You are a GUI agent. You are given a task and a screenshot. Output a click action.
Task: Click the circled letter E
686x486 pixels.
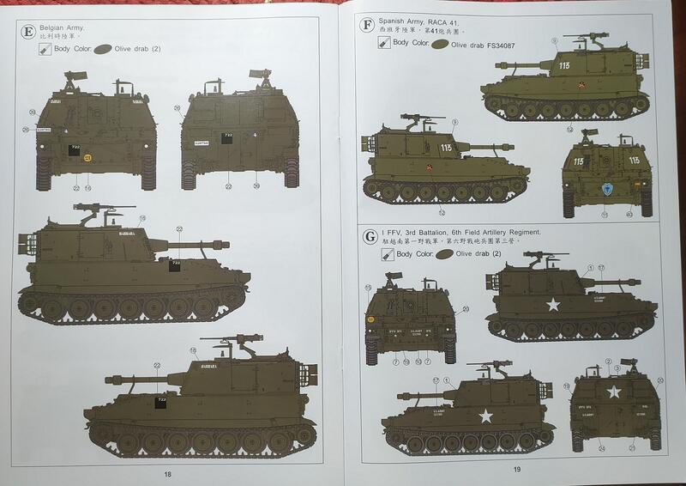coord(29,33)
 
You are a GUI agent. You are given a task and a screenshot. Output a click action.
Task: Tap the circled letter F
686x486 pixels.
coord(367,25)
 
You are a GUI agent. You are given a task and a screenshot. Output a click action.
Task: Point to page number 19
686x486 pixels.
coord(516,469)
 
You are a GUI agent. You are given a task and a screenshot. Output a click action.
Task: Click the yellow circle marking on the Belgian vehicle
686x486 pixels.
coord(87,157)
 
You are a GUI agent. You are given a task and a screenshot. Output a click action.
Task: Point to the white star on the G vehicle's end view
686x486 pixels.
coord(613,392)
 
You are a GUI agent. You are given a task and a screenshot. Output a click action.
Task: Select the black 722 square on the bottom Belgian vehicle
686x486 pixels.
coord(159,402)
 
